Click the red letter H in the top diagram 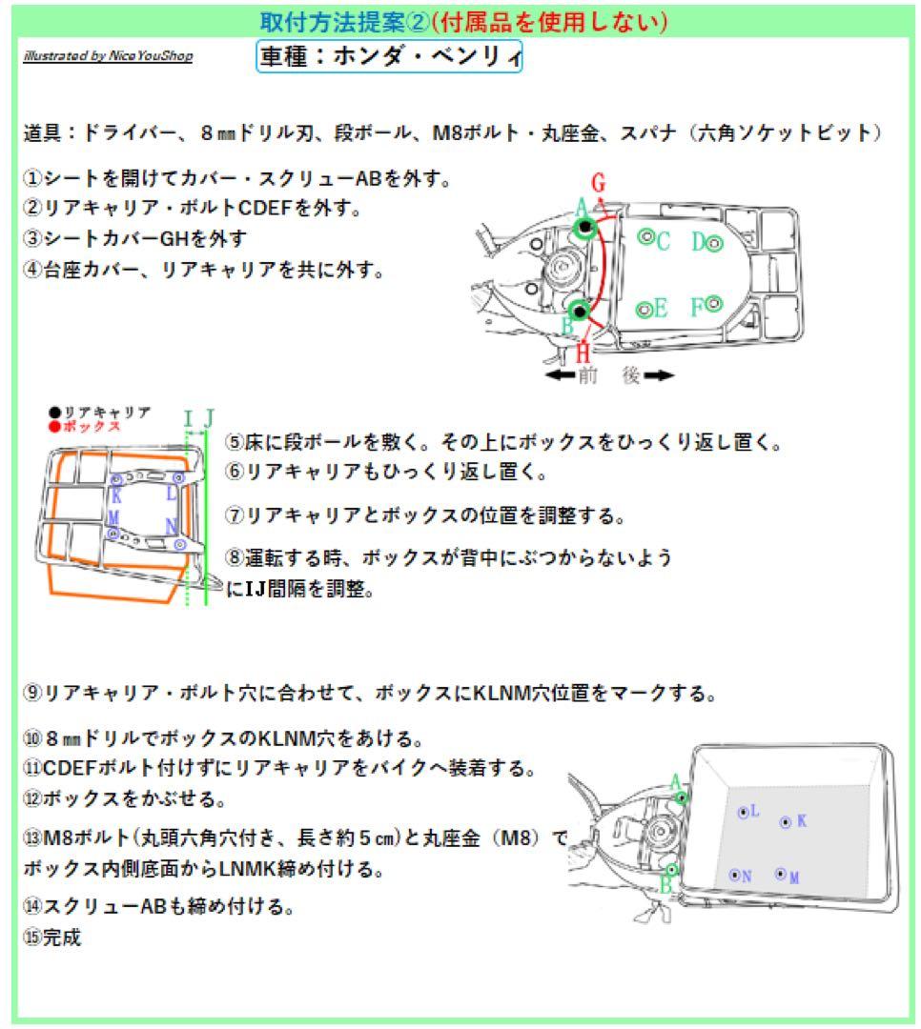(x=583, y=352)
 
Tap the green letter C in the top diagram (x=664, y=240)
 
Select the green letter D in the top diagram (x=698, y=242)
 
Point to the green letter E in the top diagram (x=661, y=309)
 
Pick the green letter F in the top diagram (x=697, y=306)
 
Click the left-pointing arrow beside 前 (x=561, y=375)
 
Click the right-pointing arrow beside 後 (x=659, y=375)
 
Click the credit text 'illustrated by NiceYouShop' (x=108, y=56)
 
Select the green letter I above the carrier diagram (x=188, y=417)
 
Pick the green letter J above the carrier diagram (x=210, y=417)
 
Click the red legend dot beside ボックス (x=56, y=426)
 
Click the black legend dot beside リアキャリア (x=56, y=413)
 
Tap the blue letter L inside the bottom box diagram (x=755, y=811)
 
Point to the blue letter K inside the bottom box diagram (x=802, y=820)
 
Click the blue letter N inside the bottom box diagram (x=747, y=876)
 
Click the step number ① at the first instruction (x=32, y=178)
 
